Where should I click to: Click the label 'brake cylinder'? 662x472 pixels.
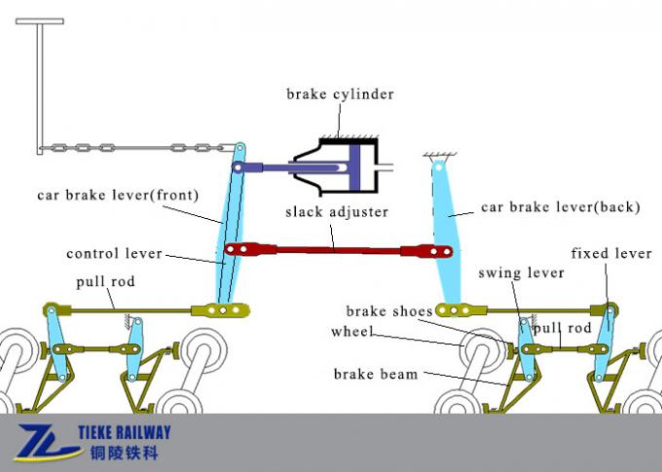tap(340, 94)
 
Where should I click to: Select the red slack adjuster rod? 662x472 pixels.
tap(331, 250)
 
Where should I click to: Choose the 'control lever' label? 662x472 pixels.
tap(113, 254)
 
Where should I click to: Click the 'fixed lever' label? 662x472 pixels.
tap(611, 254)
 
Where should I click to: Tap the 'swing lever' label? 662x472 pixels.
tap(521, 272)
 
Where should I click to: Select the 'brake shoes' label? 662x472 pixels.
tap(389, 311)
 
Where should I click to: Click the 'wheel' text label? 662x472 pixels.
tap(352, 331)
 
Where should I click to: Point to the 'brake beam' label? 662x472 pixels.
tap(375, 374)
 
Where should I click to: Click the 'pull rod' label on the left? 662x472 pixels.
tap(105, 282)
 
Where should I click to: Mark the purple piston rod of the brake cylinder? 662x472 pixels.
tap(292, 167)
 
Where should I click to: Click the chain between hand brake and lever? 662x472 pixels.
tap(136, 148)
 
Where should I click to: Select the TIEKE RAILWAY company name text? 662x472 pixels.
tap(123, 433)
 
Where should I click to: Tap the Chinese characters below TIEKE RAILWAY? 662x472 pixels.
tap(123, 454)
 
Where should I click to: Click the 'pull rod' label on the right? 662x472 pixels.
tap(563, 329)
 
